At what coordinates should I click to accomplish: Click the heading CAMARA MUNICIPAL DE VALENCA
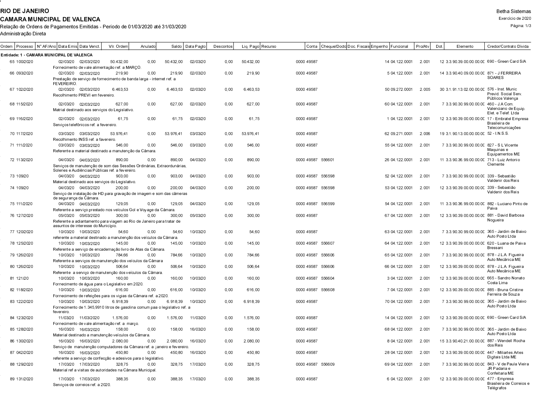pos(50,19)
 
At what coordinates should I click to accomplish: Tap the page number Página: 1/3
pos(521,26)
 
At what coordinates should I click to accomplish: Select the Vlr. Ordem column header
pos(118,47)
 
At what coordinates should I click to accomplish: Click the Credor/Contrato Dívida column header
pos(508,47)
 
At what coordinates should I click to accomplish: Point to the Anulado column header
pos(148,47)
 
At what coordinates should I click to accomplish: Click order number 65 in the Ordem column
pos(12,62)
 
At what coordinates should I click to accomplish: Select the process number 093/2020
pos(25,73)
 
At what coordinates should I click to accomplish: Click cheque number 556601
pos(328,160)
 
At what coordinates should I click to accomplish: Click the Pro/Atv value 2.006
pos(425,134)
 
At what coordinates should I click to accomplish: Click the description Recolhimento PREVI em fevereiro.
pos(84,95)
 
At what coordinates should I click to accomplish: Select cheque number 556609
pos(328,364)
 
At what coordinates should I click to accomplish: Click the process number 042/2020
pos(25,353)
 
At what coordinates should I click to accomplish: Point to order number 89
pos(12,379)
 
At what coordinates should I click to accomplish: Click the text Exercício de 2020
pos(515,18)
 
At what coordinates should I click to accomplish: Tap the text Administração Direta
pos(23,33)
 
